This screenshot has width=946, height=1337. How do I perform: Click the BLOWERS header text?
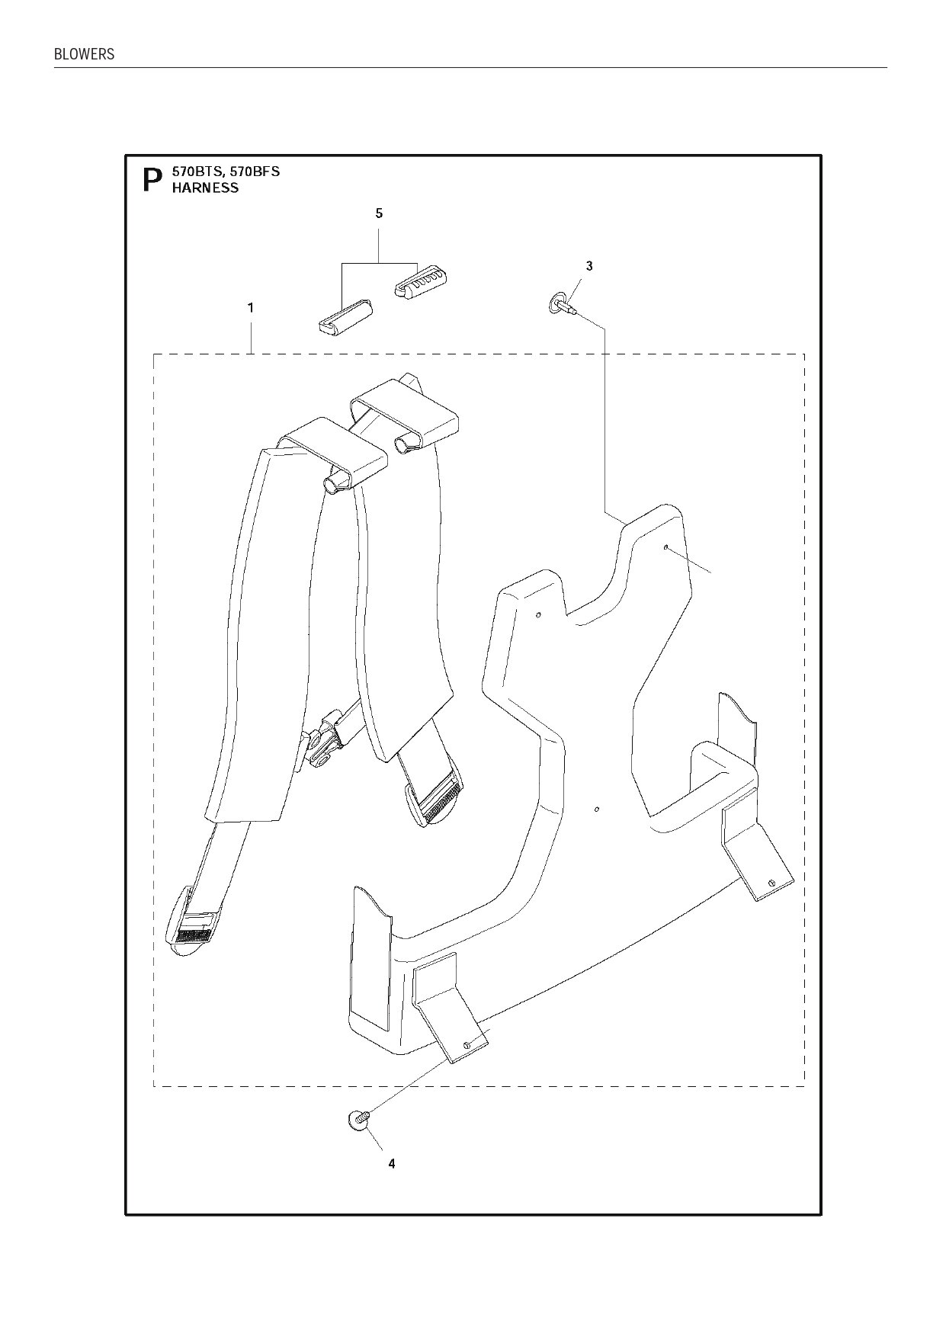[x=84, y=55]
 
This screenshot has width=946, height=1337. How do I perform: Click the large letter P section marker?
[x=152, y=181]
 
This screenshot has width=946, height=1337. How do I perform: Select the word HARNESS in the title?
[x=205, y=188]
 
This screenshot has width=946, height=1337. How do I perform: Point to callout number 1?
[x=250, y=308]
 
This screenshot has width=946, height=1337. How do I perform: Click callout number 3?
[x=588, y=266]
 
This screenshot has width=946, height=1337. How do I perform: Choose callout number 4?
[x=391, y=1164]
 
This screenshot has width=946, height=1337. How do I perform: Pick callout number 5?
[x=379, y=213]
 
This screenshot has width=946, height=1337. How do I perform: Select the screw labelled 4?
[x=357, y=1119]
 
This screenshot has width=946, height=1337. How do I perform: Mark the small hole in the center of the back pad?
[x=597, y=808]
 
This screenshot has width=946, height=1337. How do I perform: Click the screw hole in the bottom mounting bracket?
[x=467, y=1043]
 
